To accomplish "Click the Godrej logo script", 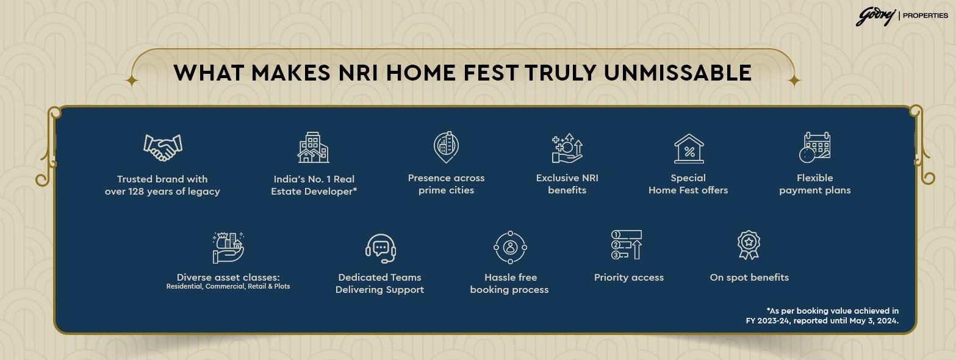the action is [875, 16].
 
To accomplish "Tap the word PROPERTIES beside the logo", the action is [925, 15].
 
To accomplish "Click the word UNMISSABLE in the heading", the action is [678, 73].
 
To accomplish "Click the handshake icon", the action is [163, 147].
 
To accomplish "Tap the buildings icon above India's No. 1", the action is [313, 147].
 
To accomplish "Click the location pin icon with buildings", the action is [446, 147].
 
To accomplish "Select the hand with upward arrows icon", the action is [567, 148].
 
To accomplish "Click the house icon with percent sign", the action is [689, 149].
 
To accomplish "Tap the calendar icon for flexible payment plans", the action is [814, 147].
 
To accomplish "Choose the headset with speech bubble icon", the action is [381, 248].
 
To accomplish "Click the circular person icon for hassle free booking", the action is [510, 247].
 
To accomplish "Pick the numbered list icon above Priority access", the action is [627, 245].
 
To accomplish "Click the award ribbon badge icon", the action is [749, 245].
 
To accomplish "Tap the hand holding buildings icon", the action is [228, 248].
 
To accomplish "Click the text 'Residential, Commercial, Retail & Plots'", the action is [228, 286].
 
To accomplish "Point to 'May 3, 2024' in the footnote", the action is [874, 321].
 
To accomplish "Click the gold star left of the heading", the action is [132, 81].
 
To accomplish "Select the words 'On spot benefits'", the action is [749, 278].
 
